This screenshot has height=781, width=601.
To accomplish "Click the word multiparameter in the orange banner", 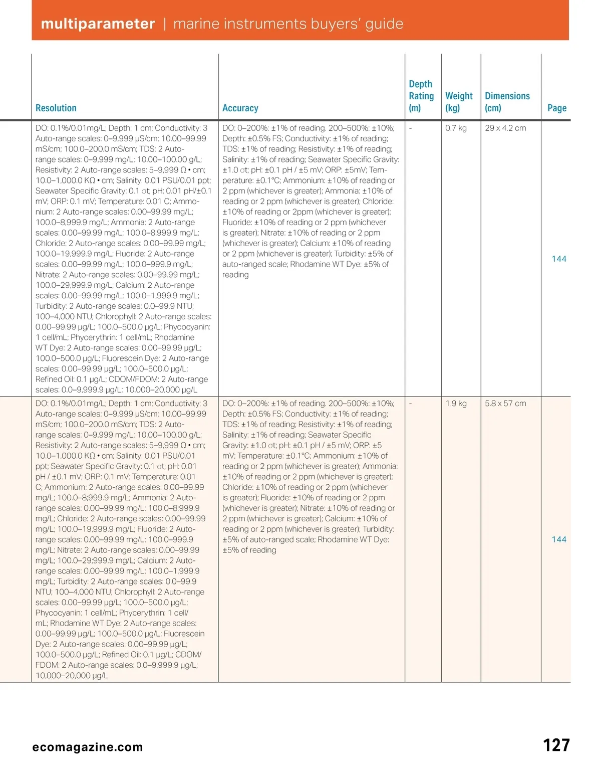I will pyautogui.click(x=98, y=24).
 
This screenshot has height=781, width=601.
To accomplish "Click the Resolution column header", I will pyautogui.click(x=56, y=108).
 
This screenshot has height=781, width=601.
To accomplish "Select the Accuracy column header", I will pyautogui.click(x=240, y=108).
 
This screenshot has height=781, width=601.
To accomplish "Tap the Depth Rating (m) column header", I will pyautogui.click(x=421, y=96).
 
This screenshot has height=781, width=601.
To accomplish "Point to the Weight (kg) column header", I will pyautogui.click(x=458, y=102).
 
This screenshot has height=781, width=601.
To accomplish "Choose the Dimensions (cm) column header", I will pyautogui.click(x=507, y=102).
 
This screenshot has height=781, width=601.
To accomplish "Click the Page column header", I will pyautogui.click(x=556, y=108).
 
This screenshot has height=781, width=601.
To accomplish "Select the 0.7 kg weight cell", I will pyautogui.click(x=456, y=128).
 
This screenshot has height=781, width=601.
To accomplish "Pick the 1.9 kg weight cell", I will pyautogui.click(x=456, y=404).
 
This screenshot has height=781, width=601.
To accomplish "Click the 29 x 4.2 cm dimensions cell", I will pyautogui.click(x=505, y=128).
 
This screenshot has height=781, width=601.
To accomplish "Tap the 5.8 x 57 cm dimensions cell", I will pyautogui.click(x=505, y=404).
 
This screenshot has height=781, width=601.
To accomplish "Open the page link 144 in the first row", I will pyautogui.click(x=558, y=259).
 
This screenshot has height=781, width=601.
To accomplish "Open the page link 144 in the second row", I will pyautogui.click(x=558, y=540).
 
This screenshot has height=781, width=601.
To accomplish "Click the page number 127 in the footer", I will pyautogui.click(x=556, y=745).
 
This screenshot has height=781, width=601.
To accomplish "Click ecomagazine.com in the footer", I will pyautogui.click(x=88, y=747).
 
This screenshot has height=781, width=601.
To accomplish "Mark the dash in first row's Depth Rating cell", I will pyautogui.click(x=411, y=128).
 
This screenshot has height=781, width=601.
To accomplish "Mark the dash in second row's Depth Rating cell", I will pyautogui.click(x=411, y=404).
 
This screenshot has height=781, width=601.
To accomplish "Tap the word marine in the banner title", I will pyautogui.click(x=196, y=24).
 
